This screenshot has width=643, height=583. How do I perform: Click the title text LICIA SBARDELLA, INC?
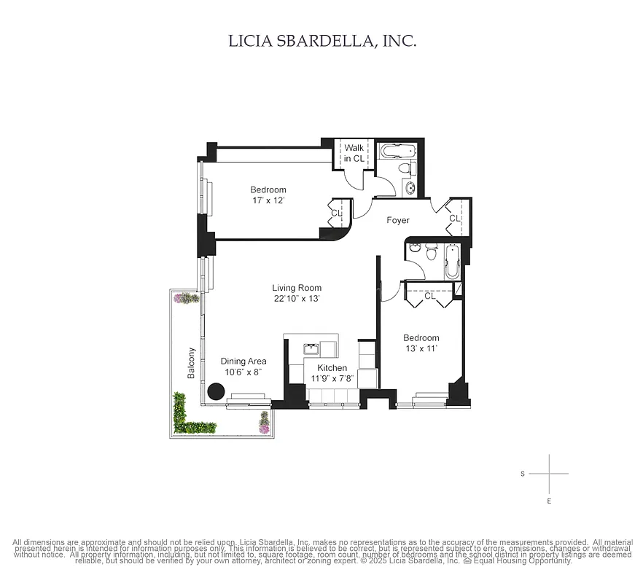(x=322, y=41)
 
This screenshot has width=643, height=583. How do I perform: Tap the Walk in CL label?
(x=354, y=153)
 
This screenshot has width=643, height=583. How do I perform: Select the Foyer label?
(x=397, y=220)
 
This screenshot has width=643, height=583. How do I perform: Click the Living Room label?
(x=297, y=288)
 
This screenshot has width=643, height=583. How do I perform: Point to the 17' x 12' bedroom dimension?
(x=268, y=200)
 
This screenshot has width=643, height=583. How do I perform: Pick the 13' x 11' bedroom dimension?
(x=421, y=348)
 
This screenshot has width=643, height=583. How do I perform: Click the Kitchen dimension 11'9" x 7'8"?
(x=332, y=378)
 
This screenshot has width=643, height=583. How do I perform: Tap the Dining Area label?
(x=243, y=361)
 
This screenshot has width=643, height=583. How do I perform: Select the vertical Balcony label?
(x=192, y=362)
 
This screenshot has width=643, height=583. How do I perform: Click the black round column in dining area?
(x=216, y=391)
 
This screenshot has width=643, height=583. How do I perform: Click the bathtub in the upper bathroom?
(x=397, y=152)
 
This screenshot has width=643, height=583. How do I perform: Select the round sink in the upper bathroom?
(x=410, y=189)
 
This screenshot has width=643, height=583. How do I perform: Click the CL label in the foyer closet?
(x=454, y=218)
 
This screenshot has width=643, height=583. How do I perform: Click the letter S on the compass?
(x=523, y=474)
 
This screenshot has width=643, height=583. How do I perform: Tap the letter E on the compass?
(x=549, y=501)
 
